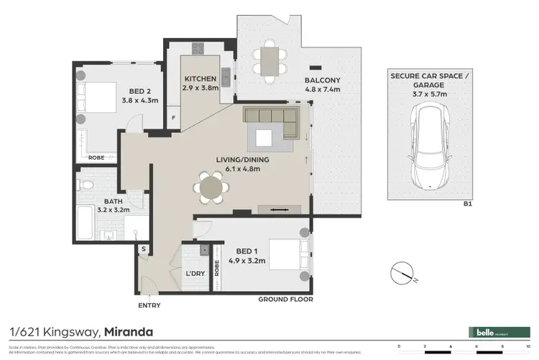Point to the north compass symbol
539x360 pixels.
pos(402,274)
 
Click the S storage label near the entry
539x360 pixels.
pos(144,249)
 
